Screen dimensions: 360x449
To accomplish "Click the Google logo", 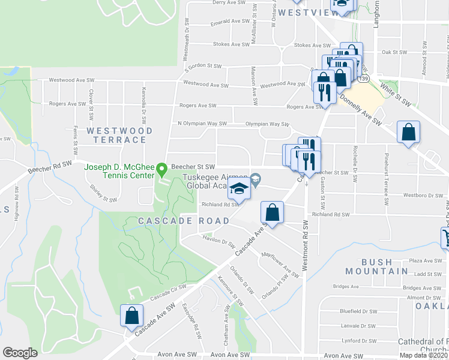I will [x=20, y=353].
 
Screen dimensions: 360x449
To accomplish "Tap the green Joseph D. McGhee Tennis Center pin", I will [x=161, y=170].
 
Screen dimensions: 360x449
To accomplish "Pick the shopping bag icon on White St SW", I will [x=408, y=133].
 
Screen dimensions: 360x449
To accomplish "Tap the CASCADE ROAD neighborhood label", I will [x=184, y=221].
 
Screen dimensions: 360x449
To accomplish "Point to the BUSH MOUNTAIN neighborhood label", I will [x=385, y=266].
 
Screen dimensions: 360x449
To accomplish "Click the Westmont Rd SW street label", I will [x=306, y=245].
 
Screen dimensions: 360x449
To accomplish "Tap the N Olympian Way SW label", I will [x=202, y=124].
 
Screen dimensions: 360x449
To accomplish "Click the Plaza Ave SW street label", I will [x=425, y=261].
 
